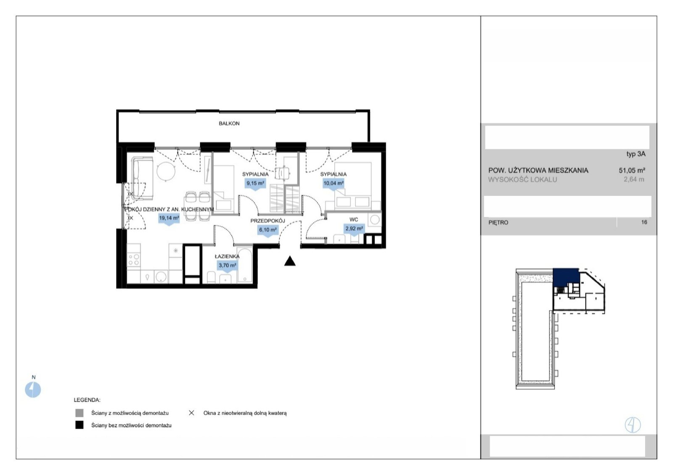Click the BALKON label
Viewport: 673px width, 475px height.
click(229, 123)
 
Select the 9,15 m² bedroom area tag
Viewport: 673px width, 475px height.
click(255, 184)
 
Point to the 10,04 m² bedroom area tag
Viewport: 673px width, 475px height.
click(334, 184)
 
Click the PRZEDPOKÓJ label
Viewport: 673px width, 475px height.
click(268, 221)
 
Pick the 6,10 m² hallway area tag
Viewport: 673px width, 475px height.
click(268, 230)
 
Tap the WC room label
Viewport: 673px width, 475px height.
click(354, 219)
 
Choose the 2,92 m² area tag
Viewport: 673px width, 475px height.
click(354, 229)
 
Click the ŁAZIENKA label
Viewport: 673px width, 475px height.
click(227, 256)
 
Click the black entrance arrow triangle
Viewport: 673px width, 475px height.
click(290, 261)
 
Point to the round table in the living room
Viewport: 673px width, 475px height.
click(166, 172)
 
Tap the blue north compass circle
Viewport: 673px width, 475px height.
click(33, 390)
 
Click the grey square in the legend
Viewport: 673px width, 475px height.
click(79, 413)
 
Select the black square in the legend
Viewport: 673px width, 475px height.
click(79, 425)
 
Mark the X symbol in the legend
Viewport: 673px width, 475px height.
click(191, 413)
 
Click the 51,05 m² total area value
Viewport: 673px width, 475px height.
click(632, 171)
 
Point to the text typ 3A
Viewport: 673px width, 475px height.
click(636, 154)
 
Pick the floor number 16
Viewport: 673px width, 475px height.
click(644, 222)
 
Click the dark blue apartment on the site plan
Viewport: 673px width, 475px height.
click(566, 277)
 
